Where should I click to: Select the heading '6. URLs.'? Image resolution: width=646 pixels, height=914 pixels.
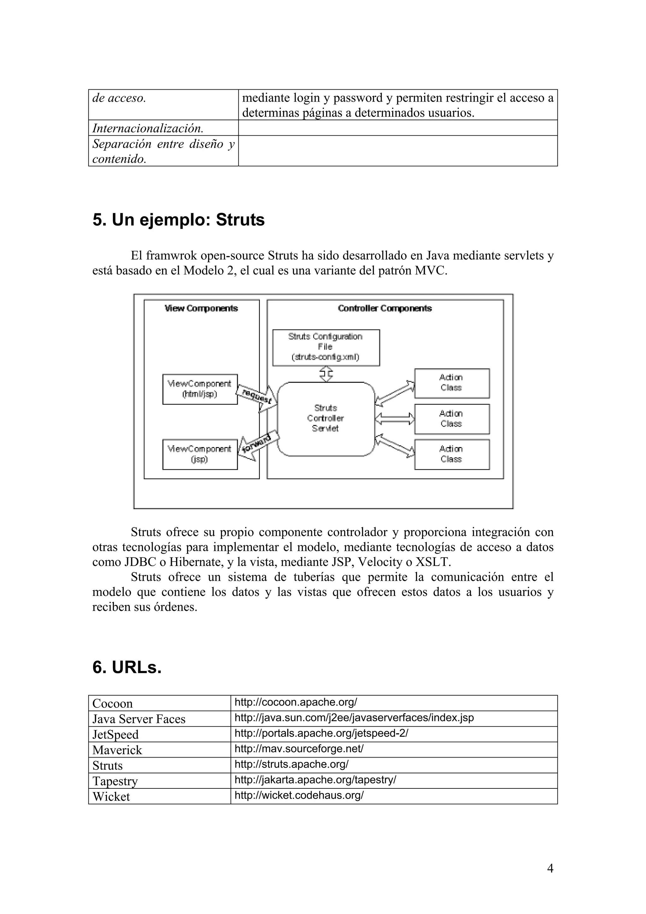(x=127, y=667)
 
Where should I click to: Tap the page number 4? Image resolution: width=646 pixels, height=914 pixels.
(x=550, y=868)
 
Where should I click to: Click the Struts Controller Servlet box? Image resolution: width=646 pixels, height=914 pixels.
(x=326, y=418)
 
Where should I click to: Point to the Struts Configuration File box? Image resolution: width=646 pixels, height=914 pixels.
(x=326, y=347)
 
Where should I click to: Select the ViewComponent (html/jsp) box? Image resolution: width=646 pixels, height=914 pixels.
(x=200, y=389)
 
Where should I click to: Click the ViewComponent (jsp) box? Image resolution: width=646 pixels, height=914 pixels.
(x=200, y=454)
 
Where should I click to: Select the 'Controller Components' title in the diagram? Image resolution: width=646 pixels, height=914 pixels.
(x=385, y=309)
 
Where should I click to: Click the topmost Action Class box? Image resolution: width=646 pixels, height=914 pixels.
(x=451, y=383)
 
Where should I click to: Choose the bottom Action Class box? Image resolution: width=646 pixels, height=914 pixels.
(x=451, y=454)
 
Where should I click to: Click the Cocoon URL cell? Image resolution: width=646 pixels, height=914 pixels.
(x=296, y=702)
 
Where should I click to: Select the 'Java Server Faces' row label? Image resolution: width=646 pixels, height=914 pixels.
(x=138, y=719)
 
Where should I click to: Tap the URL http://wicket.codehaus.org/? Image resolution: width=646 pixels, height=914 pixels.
(x=299, y=795)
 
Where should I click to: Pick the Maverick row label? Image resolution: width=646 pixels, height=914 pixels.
(x=117, y=750)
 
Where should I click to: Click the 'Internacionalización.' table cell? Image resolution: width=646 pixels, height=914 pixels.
(x=148, y=128)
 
